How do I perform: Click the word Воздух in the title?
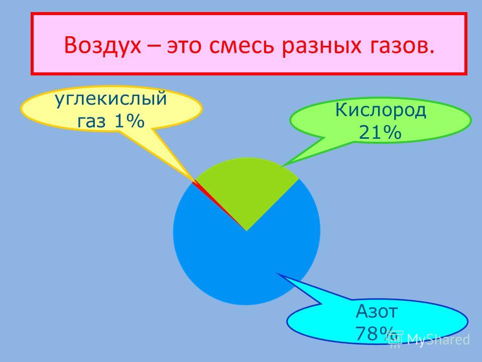pyautogui.click(x=102, y=45)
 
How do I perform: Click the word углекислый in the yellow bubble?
pyautogui.click(x=110, y=99)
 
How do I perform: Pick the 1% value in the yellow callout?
pyautogui.click(x=129, y=121)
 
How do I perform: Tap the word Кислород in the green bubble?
pyautogui.click(x=381, y=110)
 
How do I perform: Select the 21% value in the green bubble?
pyautogui.click(x=380, y=133)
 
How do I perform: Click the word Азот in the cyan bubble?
pyautogui.click(x=377, y=311)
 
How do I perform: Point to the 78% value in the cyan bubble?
pyautogui.click(x=376, y=333)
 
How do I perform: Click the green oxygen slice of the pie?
pyautogui.click(x=248, y=188)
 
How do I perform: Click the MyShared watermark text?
pyautogui.click(x=438, y=339)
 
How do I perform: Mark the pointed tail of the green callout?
pyautogui.click(x=282, y=166)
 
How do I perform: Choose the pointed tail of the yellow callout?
pyautogui.click(x=195, y=179)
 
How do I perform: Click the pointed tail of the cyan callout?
pyautogui.click(x=276, y=273)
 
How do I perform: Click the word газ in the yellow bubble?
pyautogui.click(x=91, y=122)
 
